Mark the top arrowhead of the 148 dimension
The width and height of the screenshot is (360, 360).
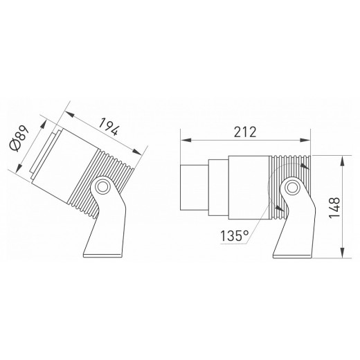click(x=343, y=159)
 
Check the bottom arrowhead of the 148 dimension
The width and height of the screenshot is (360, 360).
click(x=343, y=255)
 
